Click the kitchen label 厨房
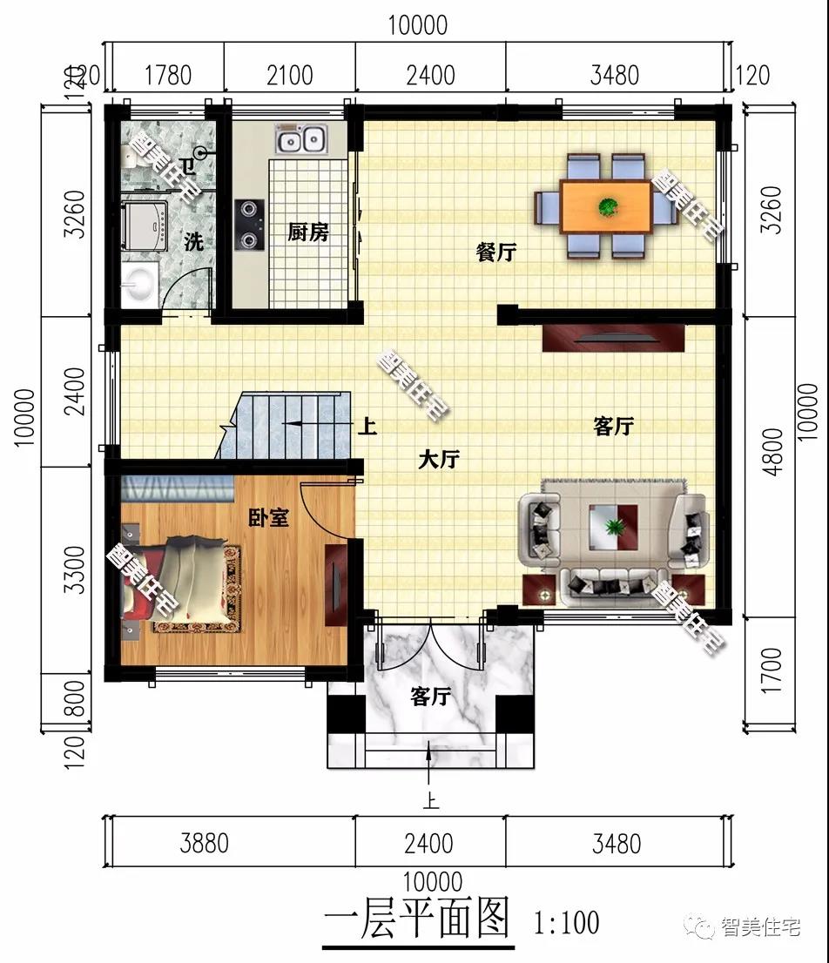point(308,232)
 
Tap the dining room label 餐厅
point(496,252)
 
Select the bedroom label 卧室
point(268,517)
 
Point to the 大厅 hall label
point(439,459)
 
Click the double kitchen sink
point(300,139)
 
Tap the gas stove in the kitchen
point(249,225)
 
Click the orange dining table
point(606,205)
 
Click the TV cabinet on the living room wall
point(613,338)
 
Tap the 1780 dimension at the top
point(168,75)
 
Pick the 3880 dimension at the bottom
point(205,843)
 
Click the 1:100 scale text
point(566,922)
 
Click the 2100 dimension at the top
point(290,75)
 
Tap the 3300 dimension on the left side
point(75,569)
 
